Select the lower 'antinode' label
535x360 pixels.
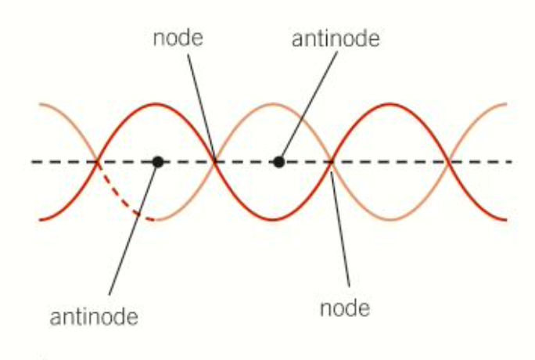click(x=94, y=317)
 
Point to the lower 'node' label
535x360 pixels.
click(x=345, y=308)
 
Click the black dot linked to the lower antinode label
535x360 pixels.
click(x=158, y=162)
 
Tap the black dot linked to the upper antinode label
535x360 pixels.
click(x=278, y=162)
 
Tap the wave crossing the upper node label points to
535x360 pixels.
click(x=215, y=162)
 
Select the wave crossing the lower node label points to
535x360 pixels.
click(x=331, y=162)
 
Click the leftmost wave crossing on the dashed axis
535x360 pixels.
click(x=97, y=162)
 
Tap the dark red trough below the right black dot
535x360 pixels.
click(x=275, y=220)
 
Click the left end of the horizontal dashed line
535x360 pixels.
click(x=33, y=162)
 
